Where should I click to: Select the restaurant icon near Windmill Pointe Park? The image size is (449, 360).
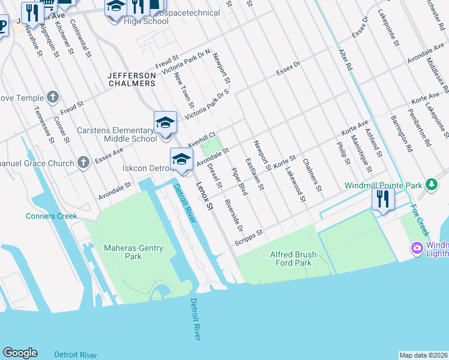[383, 199]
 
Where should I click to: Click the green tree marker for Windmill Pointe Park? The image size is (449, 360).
[430, 183]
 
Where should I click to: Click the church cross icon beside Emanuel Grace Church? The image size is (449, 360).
[83, 162]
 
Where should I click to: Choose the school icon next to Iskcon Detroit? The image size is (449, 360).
[181, 160]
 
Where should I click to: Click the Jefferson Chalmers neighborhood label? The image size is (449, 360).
[131, 79]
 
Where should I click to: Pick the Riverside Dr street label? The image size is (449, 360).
[232, 215]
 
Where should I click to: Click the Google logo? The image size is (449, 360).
[20, 353]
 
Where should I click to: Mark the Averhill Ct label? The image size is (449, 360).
[201, 142]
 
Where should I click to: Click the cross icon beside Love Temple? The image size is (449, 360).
[53, 97]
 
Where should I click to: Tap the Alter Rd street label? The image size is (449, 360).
[345, 61]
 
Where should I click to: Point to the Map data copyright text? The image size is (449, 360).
[423, 355]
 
